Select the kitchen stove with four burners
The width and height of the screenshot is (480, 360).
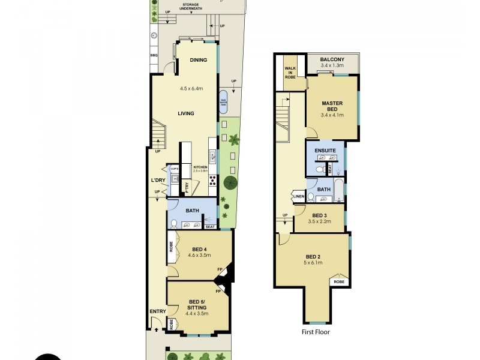(212, 181)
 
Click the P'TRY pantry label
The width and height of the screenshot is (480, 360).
(188, 187)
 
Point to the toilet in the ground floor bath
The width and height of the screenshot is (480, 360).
(174, 224)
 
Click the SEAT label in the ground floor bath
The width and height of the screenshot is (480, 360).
(210, 226)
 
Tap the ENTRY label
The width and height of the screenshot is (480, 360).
(157, 311)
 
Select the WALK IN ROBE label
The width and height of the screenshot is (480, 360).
(290, 73)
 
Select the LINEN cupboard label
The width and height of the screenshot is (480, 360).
(298, 196)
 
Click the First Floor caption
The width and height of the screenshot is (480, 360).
(315, 332)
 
